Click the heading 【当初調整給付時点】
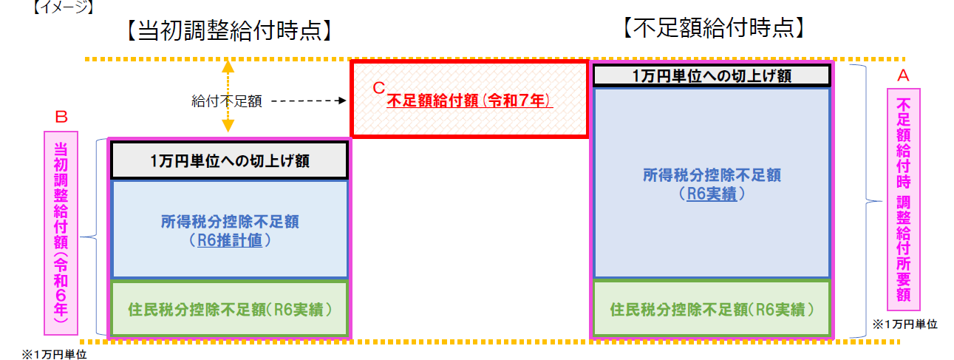pyautogui.click(x=230, y=30)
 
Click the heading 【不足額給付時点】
pyautogui.click(x=713, y=28)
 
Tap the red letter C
pyautogui.click(x=378, y=88)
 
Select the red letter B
pyautogui.click(x=61, y=117)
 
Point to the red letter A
pyautogui.click(x=903, y=76)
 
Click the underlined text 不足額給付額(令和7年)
pyautogui.click(x=470, y=101)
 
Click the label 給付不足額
pyautogui.click(x=227, y=101)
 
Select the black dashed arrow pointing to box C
pyautogui.click(x=309, y=101)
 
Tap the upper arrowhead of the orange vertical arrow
pyautogui.click(x=228, y=67)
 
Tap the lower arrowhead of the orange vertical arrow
pyautogui.click(x=228, y=126)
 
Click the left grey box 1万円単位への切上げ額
pyautogui.click(x=230, y=160)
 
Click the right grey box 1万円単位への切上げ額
pyautogui.click(x=712, y=76)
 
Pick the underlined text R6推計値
pyautogui.click(x=230, y=241)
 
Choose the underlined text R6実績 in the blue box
pyautogui.click(x=712, y=194)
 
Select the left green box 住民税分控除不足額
pyautogui.click(x=230, y=308)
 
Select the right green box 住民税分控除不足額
pyautogui.click(x=712, y=308)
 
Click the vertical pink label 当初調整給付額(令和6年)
pyautogui.click(x=61, y=233)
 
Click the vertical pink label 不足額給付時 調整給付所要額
pyautogui.click(x=903, y=200)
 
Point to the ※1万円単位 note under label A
pyautogui.click(x=904, y=325)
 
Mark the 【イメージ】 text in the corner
pyautogui.click(x=63, y=7)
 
